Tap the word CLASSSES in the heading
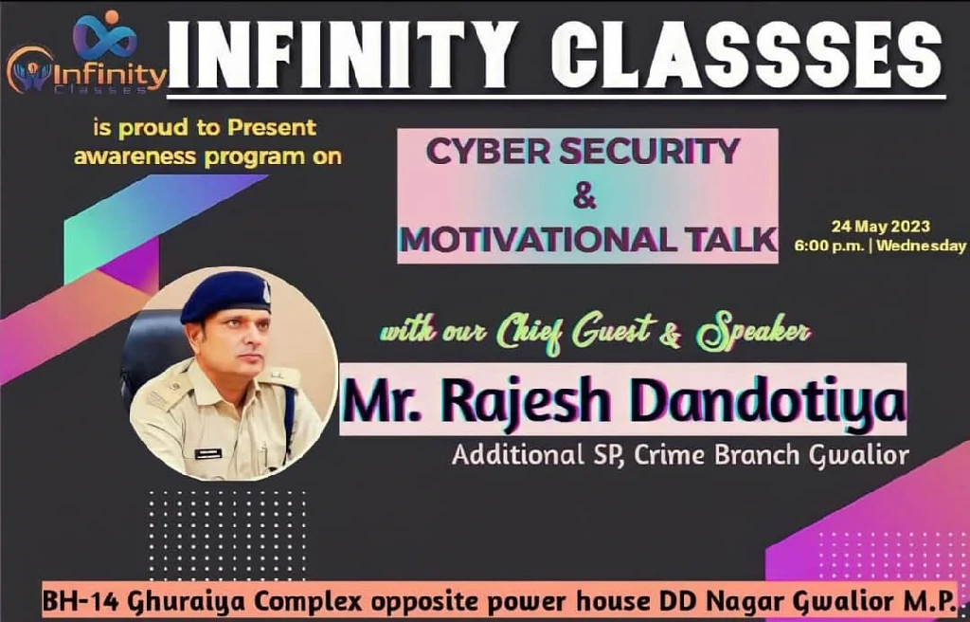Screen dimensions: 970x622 (x=746, y=55)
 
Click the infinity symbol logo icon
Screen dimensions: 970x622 (x=105, y=36)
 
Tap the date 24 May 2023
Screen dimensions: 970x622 (x=880, y=227)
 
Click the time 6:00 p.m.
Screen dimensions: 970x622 (x=829, y=246)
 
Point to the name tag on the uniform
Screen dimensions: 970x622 (x=207, y=453)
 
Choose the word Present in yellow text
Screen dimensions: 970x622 (x=272, y=128)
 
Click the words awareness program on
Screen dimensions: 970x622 (x=207, y=156)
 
